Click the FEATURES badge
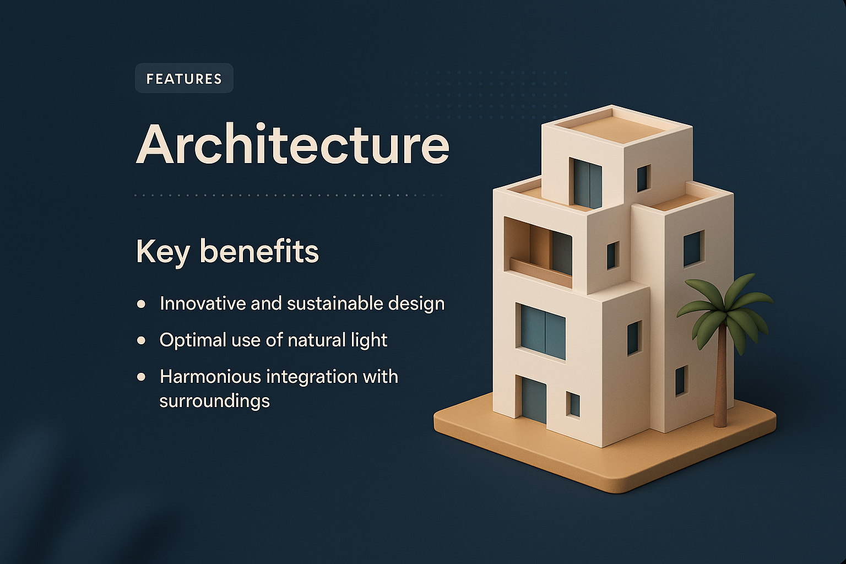[x=184, y=79]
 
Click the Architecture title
[x=292, y=144]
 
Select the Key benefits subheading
[x=227, y=252]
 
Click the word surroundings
[x=214, y=401]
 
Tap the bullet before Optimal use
[x=142, y=340]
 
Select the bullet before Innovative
[x=142, y=303]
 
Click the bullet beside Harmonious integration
[x=142, y=377]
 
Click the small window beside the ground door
[x=573, y=405]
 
